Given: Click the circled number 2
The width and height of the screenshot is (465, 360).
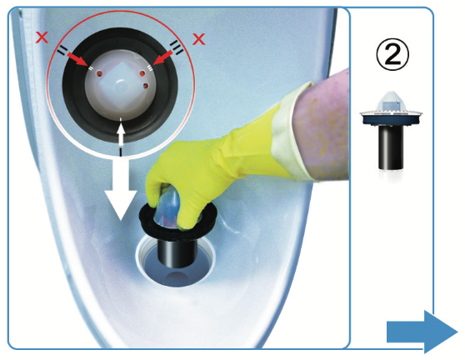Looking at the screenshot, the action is point(392,55).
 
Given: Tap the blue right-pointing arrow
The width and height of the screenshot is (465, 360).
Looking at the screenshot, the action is point(422,332).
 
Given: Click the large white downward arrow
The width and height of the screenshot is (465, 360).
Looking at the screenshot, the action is point(120,190).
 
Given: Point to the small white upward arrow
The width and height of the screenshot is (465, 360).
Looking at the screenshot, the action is point(120,135).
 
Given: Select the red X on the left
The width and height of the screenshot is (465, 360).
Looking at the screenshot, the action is point(42,37).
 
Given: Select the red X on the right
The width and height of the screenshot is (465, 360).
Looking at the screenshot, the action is point(198,39).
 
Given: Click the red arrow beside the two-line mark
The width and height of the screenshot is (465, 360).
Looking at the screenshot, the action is point(77,59).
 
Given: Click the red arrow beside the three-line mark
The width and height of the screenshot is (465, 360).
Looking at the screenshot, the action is point(162,57).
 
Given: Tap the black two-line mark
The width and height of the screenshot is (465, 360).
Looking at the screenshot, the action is point(62,51).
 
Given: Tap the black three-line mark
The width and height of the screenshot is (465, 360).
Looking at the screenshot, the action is point(177,47).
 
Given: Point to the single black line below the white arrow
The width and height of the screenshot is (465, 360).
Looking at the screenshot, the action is point(120,152).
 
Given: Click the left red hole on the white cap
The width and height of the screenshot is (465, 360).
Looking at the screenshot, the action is point(100,73).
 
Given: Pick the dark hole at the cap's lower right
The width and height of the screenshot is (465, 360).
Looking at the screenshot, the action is point(146,86).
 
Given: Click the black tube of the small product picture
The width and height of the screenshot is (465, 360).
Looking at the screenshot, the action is point(391,147).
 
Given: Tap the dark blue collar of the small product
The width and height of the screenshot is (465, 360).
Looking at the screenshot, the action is point(391,120).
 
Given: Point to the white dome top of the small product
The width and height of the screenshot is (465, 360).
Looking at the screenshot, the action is point(391,100).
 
